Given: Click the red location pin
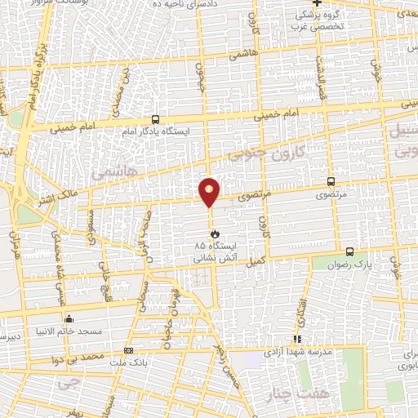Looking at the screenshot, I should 210,190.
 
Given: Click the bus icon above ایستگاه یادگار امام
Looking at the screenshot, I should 156,118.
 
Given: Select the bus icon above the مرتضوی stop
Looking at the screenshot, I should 331,181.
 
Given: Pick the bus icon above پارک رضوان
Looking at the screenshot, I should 349,251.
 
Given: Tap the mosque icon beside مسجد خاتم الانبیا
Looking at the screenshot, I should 69,319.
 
